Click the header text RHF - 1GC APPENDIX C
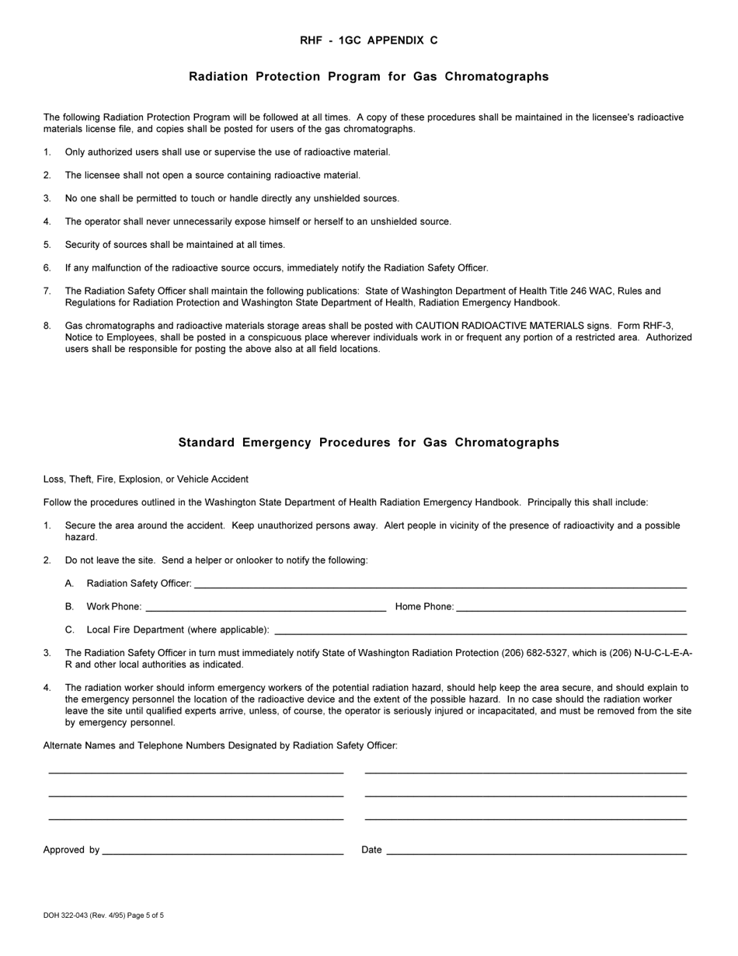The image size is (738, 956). click(368, 40)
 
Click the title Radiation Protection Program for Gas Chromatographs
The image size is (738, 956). click(368, 76)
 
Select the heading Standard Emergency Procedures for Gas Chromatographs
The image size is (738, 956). click(368, 442)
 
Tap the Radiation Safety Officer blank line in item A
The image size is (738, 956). click(440, 584)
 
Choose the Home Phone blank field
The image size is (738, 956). click(571, 608)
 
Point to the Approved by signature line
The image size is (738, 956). click(222, 851)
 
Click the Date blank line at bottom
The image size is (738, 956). click(536, 851)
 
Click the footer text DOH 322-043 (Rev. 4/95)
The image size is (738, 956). click(85, 916)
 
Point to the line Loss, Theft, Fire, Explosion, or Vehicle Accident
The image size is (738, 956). click(146, 479)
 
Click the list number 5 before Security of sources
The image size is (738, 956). click(47, 244)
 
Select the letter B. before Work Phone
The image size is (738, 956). click(70, 606)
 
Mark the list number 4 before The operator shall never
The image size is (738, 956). click(47, 222)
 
